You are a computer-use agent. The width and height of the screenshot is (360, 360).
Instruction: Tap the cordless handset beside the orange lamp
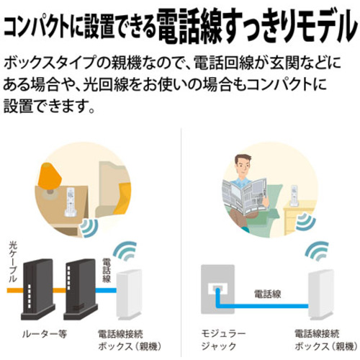[x=71, y=202]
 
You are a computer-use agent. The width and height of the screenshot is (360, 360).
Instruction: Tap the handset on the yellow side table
[x=294, y=196]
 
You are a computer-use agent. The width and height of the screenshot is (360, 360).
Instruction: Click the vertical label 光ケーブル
[x=13, y=261]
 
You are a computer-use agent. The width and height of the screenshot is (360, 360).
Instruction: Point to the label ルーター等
[x=45, y=334]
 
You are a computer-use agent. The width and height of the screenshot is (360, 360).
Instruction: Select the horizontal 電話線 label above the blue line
[x=268, y=294]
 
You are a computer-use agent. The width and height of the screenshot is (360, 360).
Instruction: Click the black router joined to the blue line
[x=80, y=289]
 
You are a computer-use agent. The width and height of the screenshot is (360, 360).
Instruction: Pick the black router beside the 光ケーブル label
[x=38, y=289]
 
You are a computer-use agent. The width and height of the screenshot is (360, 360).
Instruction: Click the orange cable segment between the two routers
[x=60, y=290]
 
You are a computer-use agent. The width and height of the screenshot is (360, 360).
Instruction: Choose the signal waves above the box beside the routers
[x=125, y=251]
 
